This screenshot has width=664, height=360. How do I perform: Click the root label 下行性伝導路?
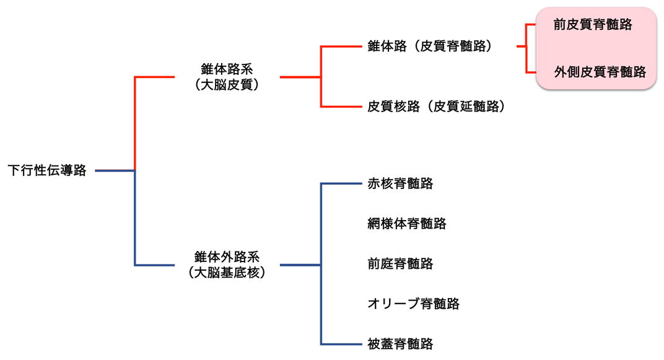tap(47, 170)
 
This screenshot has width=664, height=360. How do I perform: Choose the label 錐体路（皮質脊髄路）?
tap(429, 46)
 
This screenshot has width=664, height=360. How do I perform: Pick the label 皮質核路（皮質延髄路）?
tap(436, 107)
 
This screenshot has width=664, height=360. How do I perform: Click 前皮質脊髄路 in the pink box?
tap(593, 25)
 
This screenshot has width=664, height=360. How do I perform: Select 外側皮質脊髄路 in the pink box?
tap(600, 72)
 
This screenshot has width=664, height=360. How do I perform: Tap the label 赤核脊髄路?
tap(400, 183)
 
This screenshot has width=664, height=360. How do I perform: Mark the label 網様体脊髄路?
tap(406, 224)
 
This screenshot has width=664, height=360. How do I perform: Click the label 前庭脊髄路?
tap(400, 264)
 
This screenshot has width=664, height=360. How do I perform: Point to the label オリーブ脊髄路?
tap(413, 304)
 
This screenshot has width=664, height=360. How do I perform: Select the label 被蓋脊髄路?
tap(400, 344)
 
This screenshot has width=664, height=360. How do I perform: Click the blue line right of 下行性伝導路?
tap(115, 170)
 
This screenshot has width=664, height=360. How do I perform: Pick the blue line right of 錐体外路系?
tap(300, 265)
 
